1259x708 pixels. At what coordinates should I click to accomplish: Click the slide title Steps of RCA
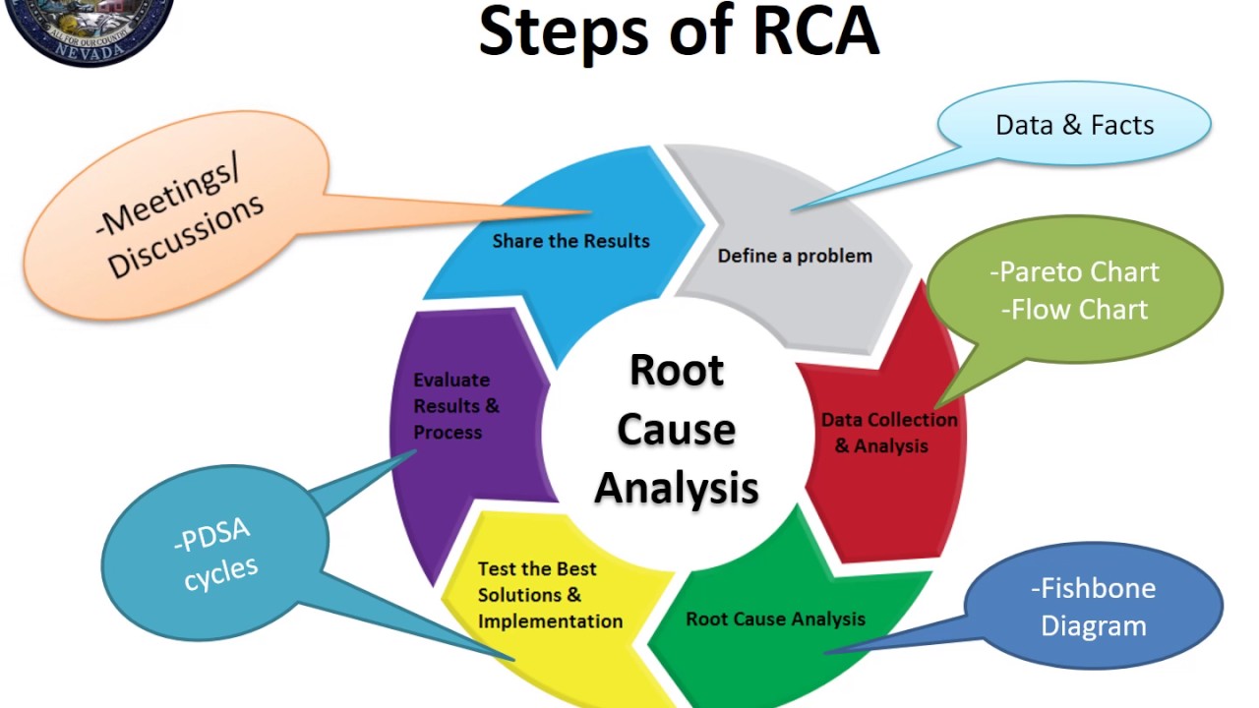point(678,32)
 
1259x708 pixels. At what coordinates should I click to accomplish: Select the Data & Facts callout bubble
point(1074,126)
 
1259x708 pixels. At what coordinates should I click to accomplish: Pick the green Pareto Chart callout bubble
point(1074,290)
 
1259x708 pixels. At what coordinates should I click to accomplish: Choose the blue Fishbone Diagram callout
point(1093,607)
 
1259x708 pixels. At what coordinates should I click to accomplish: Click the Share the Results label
point(570,241)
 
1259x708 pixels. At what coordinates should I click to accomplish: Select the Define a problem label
point(795,256)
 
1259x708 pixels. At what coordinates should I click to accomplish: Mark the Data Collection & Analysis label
point(888,433)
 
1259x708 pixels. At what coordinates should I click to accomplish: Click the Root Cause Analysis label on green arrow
point(775,619)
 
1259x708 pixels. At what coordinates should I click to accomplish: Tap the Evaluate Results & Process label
point(456,405)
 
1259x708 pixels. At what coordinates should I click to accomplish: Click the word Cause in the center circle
point(677,430)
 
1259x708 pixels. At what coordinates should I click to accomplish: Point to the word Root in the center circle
point(677,371)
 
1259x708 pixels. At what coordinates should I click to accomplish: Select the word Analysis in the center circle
point(677,488)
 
